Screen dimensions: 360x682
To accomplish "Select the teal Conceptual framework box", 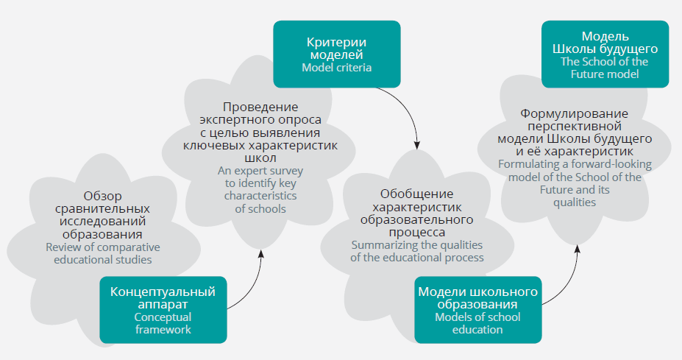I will tap(163, 310).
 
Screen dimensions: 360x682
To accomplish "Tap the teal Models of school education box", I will tap(477, 310).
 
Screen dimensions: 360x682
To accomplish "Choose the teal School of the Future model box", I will tap(605, 54).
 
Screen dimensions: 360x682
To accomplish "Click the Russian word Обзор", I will tap(102, 196).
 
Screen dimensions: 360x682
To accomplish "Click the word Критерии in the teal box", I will tap(336, 42).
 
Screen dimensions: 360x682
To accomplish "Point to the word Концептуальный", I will tap(163, 292).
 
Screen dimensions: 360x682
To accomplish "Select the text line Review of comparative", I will tap(102, 247).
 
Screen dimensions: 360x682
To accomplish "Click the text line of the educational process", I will tap(416, 257).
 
